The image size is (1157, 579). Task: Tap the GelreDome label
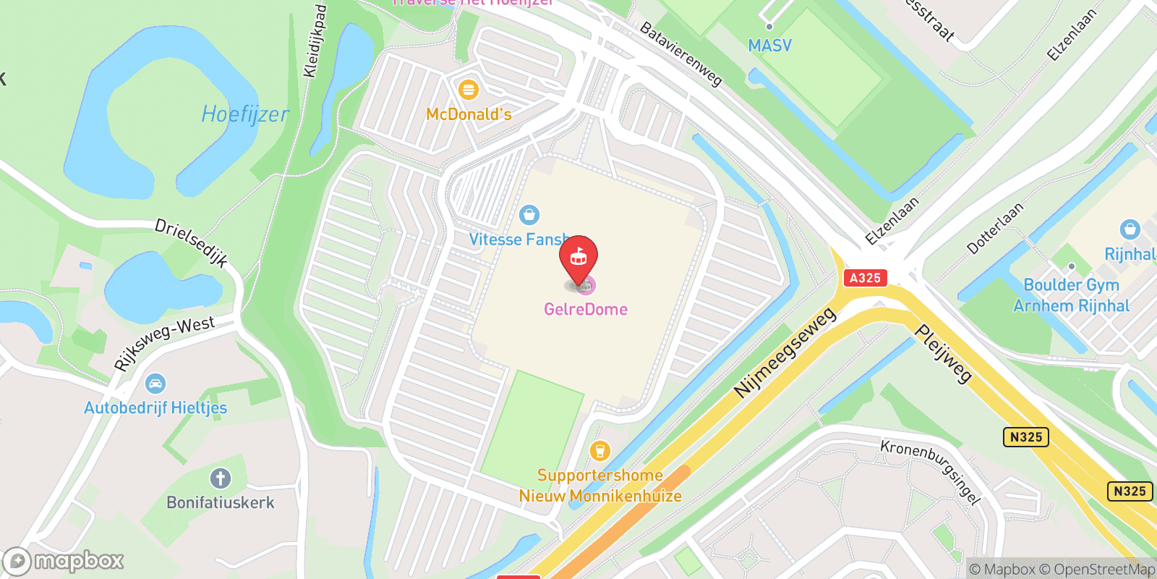586,309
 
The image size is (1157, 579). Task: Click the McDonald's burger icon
469,90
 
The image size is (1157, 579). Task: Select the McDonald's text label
469,114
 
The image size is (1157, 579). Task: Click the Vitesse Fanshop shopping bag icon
529,215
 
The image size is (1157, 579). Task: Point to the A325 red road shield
865,278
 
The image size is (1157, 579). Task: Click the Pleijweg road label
944,353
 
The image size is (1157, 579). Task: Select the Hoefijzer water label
244,114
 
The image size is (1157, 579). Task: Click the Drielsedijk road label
192,243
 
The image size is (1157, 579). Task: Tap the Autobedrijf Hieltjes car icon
155,384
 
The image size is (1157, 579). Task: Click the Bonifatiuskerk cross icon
221,478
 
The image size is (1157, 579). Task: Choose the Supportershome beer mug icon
599,451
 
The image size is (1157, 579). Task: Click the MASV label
769,46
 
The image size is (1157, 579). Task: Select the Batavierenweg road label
681,54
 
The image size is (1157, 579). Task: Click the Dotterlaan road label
996,228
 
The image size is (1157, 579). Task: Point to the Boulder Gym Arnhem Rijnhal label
1071,295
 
